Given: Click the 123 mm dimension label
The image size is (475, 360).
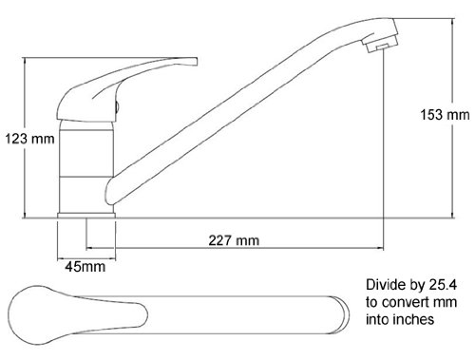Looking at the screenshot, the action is click(29, 139).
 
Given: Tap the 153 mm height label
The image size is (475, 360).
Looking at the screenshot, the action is click(445, 115).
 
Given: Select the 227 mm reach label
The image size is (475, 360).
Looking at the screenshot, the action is click(234, 240).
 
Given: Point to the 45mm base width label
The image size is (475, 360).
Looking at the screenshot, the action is click(85, 267).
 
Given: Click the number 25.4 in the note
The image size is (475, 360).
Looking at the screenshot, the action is click(443, 285).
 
